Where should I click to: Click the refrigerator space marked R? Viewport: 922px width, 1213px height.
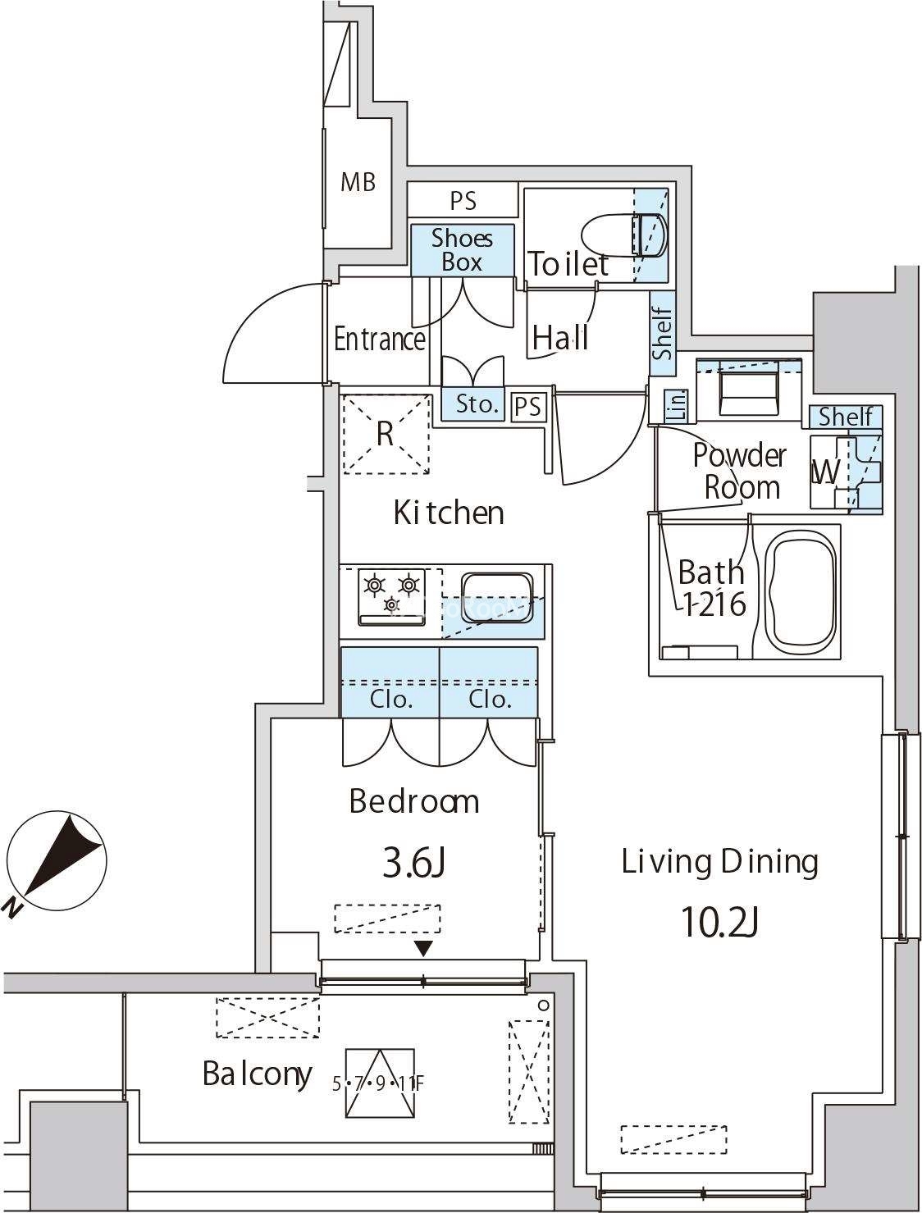pyautogui.click(x=386, y=433)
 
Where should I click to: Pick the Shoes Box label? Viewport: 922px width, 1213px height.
pyautogui.click(x=462, y=250)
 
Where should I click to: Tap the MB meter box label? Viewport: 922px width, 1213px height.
pyautogui.click(x=358, y=181)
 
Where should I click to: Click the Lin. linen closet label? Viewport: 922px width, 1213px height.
pyautogui.click(x=678, y=406)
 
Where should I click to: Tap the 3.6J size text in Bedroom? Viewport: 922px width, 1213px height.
pyautogui.click(x=414, y=864)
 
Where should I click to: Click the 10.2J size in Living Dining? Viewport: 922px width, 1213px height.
pyautogui.click(x=719, y=923)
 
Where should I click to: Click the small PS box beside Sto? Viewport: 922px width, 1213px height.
pyautogui.click(x=528, y=408)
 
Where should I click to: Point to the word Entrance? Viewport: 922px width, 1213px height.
pyautogui.click(x=380, y=339)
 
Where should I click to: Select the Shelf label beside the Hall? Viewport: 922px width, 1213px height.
pyautogui.click(x=662, y=333)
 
